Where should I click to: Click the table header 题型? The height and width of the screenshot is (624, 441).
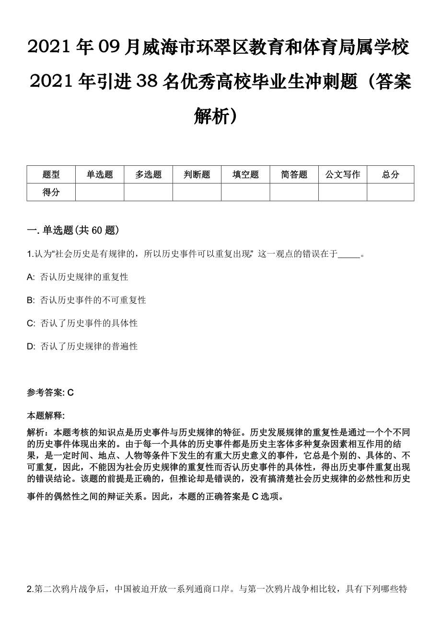tap(51, 174)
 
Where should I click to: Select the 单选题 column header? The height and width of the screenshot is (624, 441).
tap(100, 174)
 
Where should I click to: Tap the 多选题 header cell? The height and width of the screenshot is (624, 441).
tap(148, 174)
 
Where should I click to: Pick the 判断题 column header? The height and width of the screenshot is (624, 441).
tap(197, 174)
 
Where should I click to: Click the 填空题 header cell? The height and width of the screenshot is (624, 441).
tap(245, 174)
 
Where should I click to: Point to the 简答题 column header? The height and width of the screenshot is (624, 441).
tap(294, 174)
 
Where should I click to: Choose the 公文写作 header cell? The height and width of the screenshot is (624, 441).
tap(343, 174)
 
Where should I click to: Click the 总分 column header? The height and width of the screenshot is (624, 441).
tap(390, 174)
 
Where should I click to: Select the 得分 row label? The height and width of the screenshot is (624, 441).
tap(51, 192)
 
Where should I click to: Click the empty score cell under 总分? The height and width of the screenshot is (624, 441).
tap(390, 192)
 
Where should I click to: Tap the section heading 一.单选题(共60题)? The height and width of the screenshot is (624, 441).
tap(72, 231)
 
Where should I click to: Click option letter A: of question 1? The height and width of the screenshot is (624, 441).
tap(31, 277)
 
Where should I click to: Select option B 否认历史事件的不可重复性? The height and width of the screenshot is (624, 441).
tap(93, 300)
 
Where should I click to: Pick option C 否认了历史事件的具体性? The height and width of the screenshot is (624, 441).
tap(89, 323)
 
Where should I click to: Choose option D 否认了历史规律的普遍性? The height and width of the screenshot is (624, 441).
tap(89, 346)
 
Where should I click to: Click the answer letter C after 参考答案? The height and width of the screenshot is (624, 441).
tap(70, 393)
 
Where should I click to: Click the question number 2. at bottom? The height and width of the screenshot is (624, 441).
tap(30, 589)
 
